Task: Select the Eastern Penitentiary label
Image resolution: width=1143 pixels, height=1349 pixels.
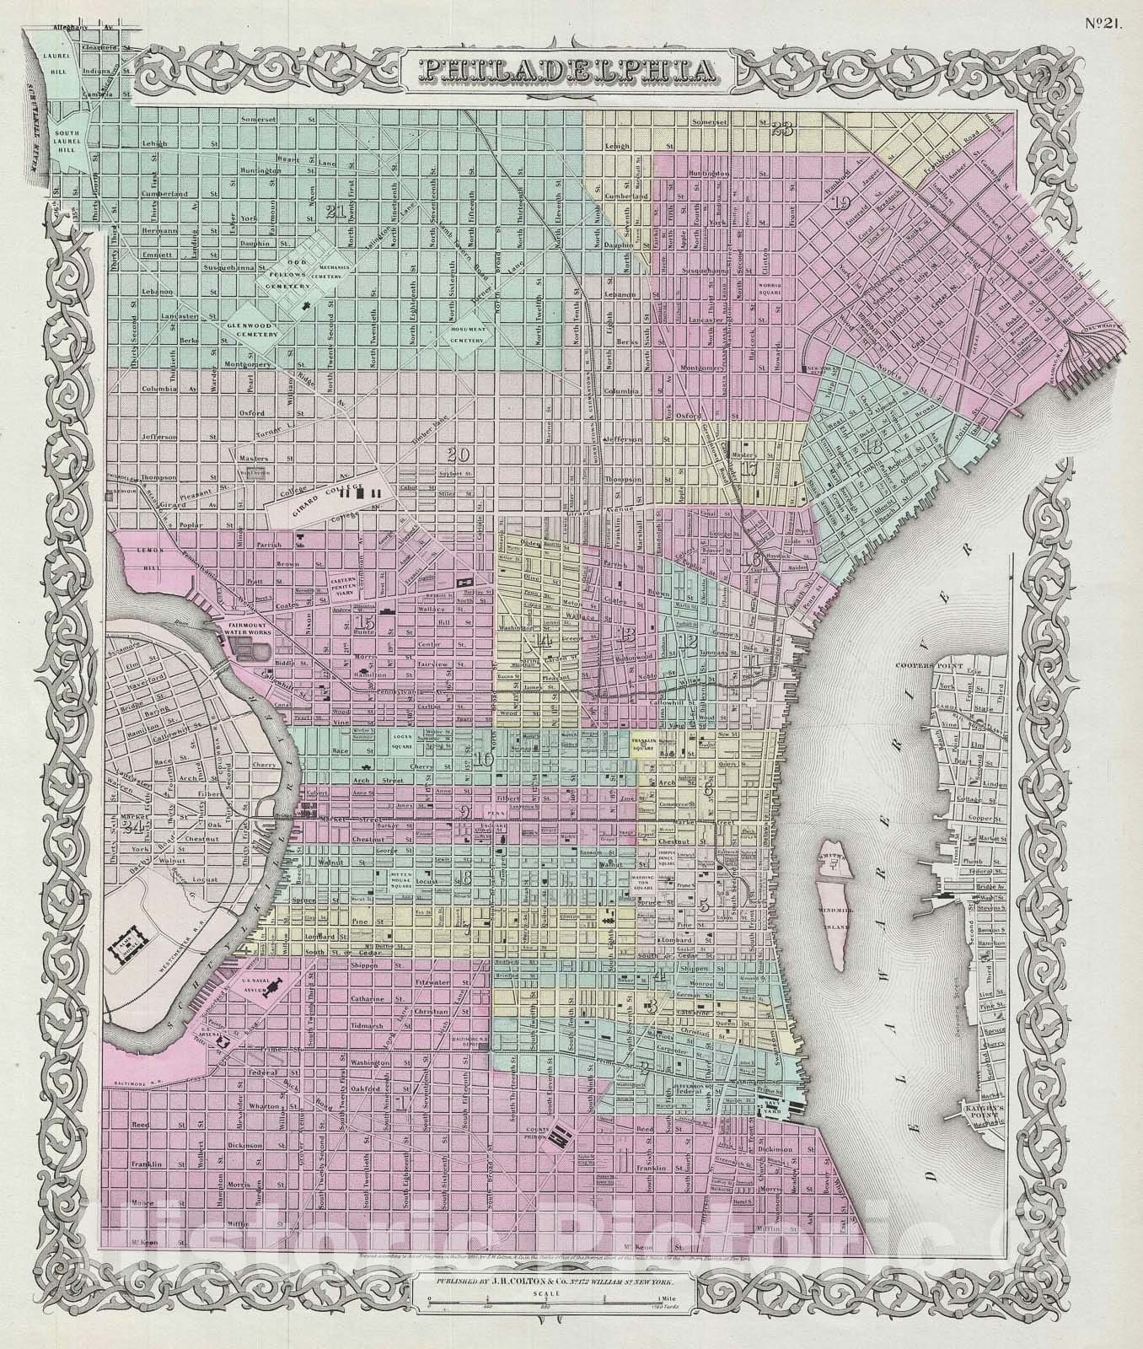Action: tap(344, 583)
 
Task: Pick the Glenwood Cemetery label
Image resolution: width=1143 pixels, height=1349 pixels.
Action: tap(250, 330)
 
